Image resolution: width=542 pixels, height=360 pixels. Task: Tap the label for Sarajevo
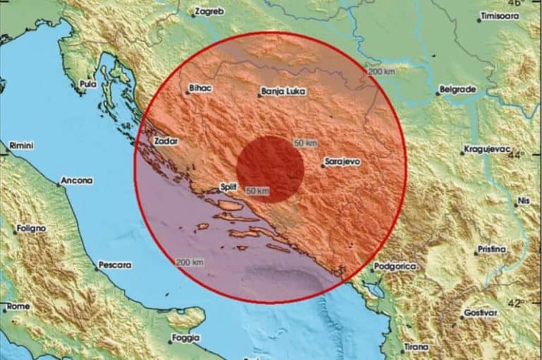342,162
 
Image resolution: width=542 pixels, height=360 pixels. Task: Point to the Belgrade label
457,90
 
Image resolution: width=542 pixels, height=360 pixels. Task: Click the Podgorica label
395,266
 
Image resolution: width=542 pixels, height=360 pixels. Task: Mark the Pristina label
492,249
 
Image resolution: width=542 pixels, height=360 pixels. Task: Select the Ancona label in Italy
76,181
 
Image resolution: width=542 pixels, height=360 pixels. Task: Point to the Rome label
18,307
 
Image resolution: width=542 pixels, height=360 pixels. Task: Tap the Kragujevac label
487,150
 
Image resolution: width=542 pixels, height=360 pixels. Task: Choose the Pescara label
115,265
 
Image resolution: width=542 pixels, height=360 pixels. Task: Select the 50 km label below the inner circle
258,191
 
